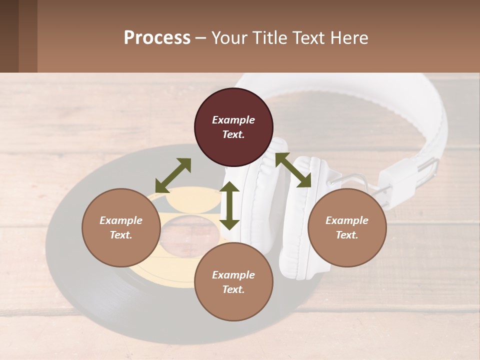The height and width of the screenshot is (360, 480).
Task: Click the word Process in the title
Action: (157, 37)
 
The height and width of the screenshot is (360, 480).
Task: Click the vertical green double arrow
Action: (229, 205)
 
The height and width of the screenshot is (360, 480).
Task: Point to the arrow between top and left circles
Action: (173, 175)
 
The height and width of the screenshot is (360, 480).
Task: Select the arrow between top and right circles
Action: (293, 170)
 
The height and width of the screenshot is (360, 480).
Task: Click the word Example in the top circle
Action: (233, 120)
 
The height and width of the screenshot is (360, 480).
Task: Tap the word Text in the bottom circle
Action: (233, 289)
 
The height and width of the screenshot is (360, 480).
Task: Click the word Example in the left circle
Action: (121, 220)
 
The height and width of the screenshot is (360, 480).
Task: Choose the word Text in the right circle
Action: (347, 235)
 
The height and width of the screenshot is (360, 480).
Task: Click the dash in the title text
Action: (200, 38)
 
